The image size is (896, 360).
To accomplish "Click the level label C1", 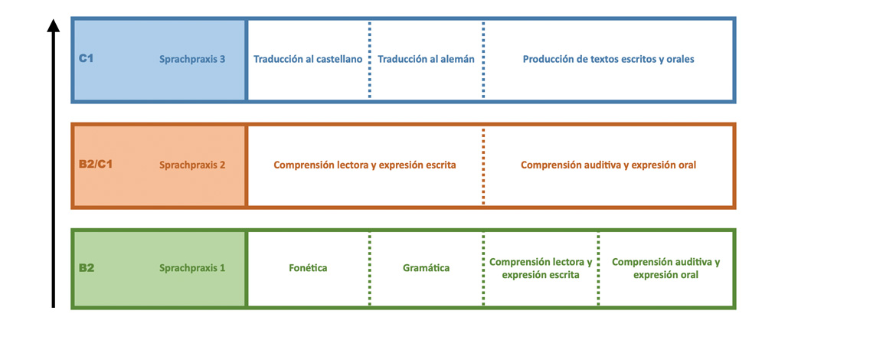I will pyautogui.click(x=86, y=59).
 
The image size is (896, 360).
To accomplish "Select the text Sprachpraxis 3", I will pyautogui.click(x=192, y=59).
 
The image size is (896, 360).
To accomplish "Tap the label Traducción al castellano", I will pyautogui.click(x=308, y=59).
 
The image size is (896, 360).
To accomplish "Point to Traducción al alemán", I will pyautogui.click(x=427, y=59).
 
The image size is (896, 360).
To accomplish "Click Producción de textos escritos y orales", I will pyautogui.click(x=609, y=59).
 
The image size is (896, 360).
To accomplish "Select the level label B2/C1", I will pyautogui.click(x=96, y=164).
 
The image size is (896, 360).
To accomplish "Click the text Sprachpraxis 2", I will pyautogui.click(x=192, y=165).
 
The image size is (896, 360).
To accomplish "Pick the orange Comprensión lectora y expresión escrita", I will pyautogui.click(x=365, y=165).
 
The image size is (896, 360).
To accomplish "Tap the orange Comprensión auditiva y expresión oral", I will pyautogui.click(x=609, y=165).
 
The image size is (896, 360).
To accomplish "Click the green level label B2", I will pyautogui.click(x=87, y=268).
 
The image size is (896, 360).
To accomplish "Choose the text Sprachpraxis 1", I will pyautogui.click(x=192, y=269).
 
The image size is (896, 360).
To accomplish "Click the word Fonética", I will pyautogui.click(x=309, y=269).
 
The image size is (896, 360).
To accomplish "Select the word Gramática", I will pyautogui.click(x=427, y=269).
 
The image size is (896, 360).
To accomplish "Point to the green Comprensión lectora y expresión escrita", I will pyautogui.click(x=541, y=268).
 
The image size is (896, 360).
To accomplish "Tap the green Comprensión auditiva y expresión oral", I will pyautogui.click(x=666, y=268).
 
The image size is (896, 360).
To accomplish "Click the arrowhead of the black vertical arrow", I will pyautogui.click(x=53, y=26).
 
